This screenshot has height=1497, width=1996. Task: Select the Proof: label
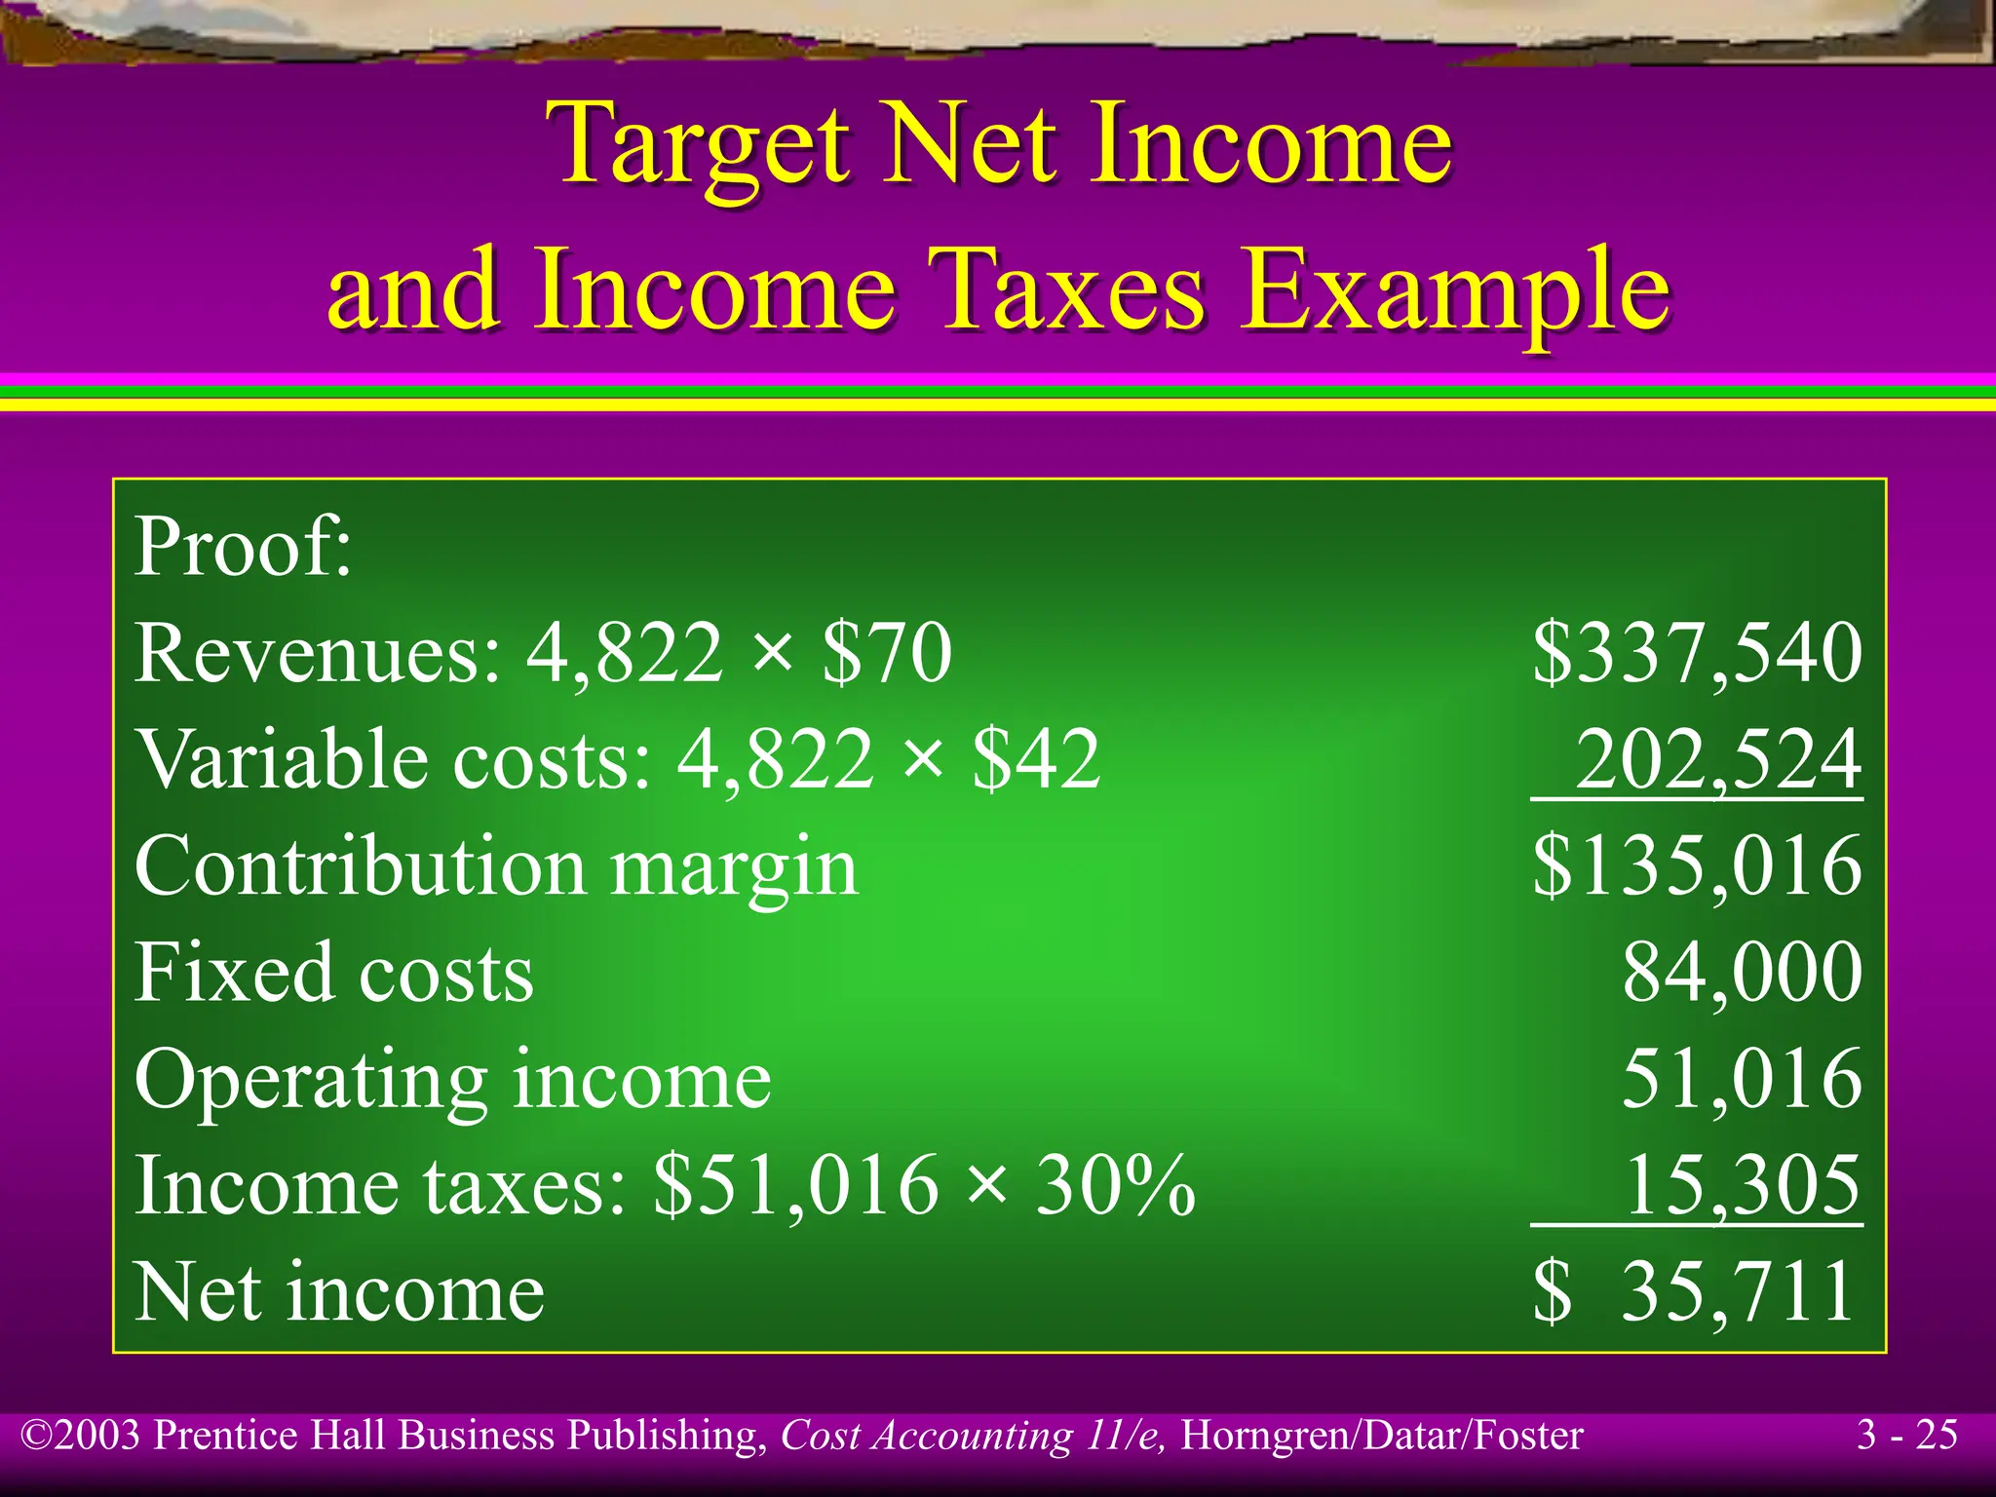(x=243, y=546)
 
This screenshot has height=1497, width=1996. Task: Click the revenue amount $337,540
(x=1697, y=652)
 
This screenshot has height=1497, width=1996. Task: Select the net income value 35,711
(x=1736, y=1291)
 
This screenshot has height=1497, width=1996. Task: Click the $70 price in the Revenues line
(x=887, y=652)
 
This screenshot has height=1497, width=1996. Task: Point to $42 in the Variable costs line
(x=1037, y=759)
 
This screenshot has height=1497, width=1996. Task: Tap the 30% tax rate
(x=1115, y=1185)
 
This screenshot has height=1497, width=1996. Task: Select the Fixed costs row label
(x=334, y=972)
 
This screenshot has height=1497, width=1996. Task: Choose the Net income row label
(x=339, y=1291)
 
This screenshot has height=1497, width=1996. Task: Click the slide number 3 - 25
(x=1907, y=1435)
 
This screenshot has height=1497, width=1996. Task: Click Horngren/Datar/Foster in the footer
(x=1382, y=1436)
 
